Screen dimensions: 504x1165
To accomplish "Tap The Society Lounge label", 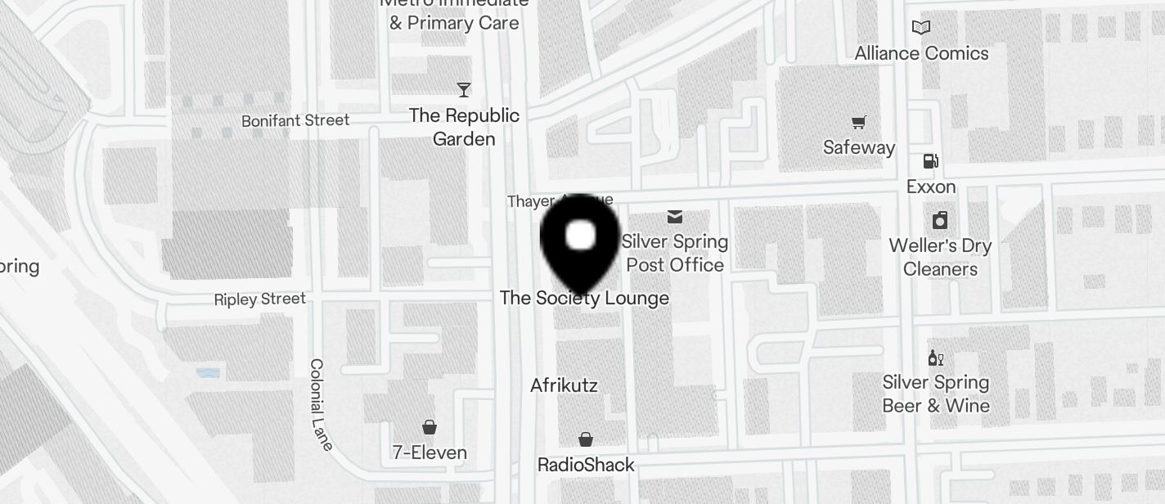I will tap(584, 298).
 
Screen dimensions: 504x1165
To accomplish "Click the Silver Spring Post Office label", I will tap(675, 253).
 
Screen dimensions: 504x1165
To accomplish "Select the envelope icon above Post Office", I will tap(675, 217).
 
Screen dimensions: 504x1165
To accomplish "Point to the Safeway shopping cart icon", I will tap(858, 123).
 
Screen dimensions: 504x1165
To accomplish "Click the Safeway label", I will tap(859, 147).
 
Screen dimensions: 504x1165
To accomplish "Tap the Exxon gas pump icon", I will tap(930, 161).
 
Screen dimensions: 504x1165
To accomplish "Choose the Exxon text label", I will tap(931, 187).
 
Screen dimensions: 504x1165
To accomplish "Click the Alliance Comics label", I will tap(921, 53).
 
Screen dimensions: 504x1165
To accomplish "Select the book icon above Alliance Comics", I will tap(921, 28).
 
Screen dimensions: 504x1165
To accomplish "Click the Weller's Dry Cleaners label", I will tap(940, 257).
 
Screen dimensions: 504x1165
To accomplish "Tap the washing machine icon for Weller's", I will tap(940, 220).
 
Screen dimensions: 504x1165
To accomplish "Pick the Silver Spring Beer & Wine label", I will tap(936, 394).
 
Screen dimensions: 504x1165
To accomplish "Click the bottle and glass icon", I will tap(936, 358).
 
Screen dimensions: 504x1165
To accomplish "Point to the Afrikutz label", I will tap(564, 385).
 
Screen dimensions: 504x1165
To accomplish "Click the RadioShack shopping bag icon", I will tap(586, 439).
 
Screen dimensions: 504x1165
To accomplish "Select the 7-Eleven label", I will tap(430, 452).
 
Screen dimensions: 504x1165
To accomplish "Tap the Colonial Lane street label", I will tap(321, 404).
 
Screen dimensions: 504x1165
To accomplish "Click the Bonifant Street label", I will tap(295, 120).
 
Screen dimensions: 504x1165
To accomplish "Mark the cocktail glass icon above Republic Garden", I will tap(464, 89).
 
